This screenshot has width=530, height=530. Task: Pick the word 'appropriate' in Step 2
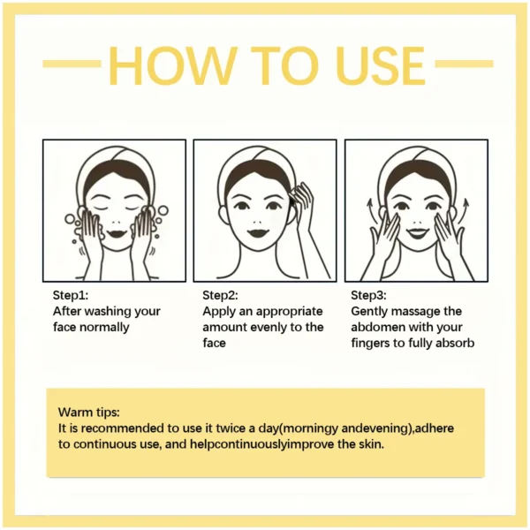click(290, 311)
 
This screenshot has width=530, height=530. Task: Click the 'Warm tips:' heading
click(88, 413)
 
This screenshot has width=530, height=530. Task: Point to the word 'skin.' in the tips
click(368, 444)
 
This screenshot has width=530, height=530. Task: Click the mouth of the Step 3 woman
click(415, 231)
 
